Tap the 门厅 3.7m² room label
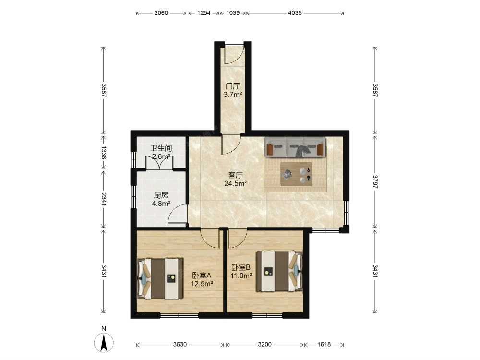233,90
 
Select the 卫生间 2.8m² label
161,152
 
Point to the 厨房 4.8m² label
161,199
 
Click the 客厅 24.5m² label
236,180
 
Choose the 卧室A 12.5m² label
202,279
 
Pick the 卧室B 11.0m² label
241,271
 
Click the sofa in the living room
295,147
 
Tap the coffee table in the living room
296,174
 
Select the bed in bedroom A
160,278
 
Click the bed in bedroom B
279,271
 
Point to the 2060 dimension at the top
161,13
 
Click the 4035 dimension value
295,13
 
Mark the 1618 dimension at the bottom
324,344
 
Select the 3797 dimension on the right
375,181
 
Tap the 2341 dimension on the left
104,199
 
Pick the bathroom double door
159,162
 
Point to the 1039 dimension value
233,13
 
